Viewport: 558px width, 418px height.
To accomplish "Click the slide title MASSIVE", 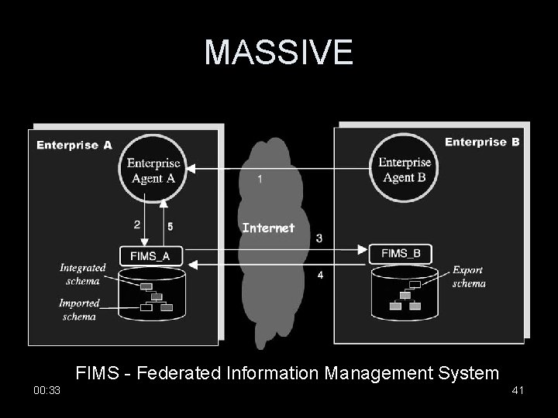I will (x=278, y=52).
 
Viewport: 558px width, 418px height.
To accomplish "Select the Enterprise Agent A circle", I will (x=153, y=170).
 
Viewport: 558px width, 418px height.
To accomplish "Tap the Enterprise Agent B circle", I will (x=405, y=170).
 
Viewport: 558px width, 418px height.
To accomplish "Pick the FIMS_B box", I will (x=401, y=253).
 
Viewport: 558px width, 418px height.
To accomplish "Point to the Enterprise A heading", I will (x=74, y=145).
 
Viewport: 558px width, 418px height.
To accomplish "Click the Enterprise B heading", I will (x=482, y=142).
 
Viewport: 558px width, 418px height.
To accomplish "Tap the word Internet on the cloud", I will (x=268, y=228).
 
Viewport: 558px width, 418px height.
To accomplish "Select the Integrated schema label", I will (x=83, y=273).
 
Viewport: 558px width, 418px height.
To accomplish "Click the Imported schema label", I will (x=79, y=310).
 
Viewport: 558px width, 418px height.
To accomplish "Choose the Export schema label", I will (x=469, y=277).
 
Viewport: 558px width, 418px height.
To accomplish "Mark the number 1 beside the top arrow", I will (x=260, y=179).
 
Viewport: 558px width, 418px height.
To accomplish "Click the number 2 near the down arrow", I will (x=137, y=224).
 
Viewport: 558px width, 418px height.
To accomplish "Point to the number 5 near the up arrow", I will (x=170, y=226).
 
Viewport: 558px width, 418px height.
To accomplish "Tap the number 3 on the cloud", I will (x=319, y=238).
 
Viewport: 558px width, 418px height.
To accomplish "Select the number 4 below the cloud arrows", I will (x=320, y=275).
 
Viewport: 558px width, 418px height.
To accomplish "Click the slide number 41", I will (x=518, y=391).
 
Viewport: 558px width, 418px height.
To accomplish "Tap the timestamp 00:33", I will (x=46, y=391).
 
